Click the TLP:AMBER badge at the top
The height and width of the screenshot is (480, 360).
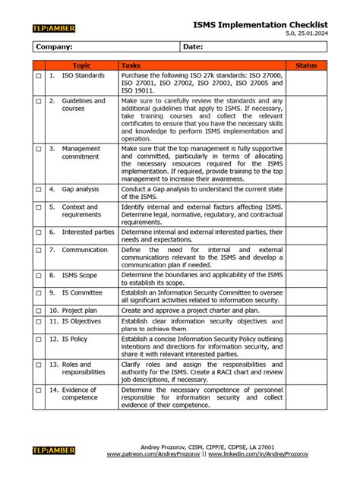(x=54, y=29)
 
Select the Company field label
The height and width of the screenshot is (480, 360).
(x=55, y=47)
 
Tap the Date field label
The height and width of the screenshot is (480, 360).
(x=193, y=47)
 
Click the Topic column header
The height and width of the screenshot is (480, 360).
(x=81, y=66)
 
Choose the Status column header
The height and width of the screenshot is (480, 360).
(x=306, y=66)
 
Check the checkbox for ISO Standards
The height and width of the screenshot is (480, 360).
(x=39, y=77)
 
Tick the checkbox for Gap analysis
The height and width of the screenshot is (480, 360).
(x=39, y=188)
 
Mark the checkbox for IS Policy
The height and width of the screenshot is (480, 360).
(x=39, y=339)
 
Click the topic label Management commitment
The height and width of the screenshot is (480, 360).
(x=81, y=153)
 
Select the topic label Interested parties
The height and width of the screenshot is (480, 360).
(x=88, y=232)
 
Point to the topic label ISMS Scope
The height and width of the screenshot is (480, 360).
(x=80, y=275)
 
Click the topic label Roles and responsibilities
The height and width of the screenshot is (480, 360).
(x=84, y=368)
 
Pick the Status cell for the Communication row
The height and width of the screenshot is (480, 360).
(x=306, y=257)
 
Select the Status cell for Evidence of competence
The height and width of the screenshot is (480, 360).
(x=306, y=397)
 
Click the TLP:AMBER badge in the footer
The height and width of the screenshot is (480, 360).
(x=54, y=450)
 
